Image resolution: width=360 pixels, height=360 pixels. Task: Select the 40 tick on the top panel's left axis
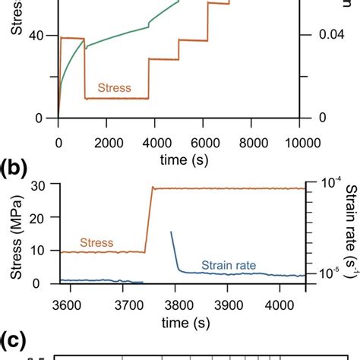click(x=44, y=35)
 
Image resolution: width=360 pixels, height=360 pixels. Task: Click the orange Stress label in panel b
click(x=93, y=242)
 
